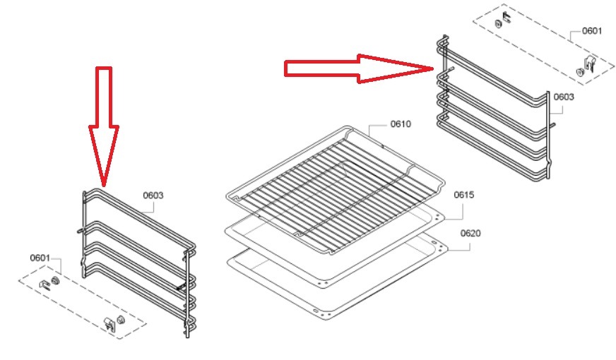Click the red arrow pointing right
(358, 68)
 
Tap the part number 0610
(401, 124)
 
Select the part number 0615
(464, 195)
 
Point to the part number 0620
(470, 233)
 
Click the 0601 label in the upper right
(592, 30)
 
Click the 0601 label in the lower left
(40, 258)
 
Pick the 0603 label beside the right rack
(564, 97)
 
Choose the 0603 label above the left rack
(153, 195)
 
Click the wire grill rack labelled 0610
(336, 188)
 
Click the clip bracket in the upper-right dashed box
(590, 64)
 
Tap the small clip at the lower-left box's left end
(45, 284)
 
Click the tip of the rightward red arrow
(432, 68)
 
